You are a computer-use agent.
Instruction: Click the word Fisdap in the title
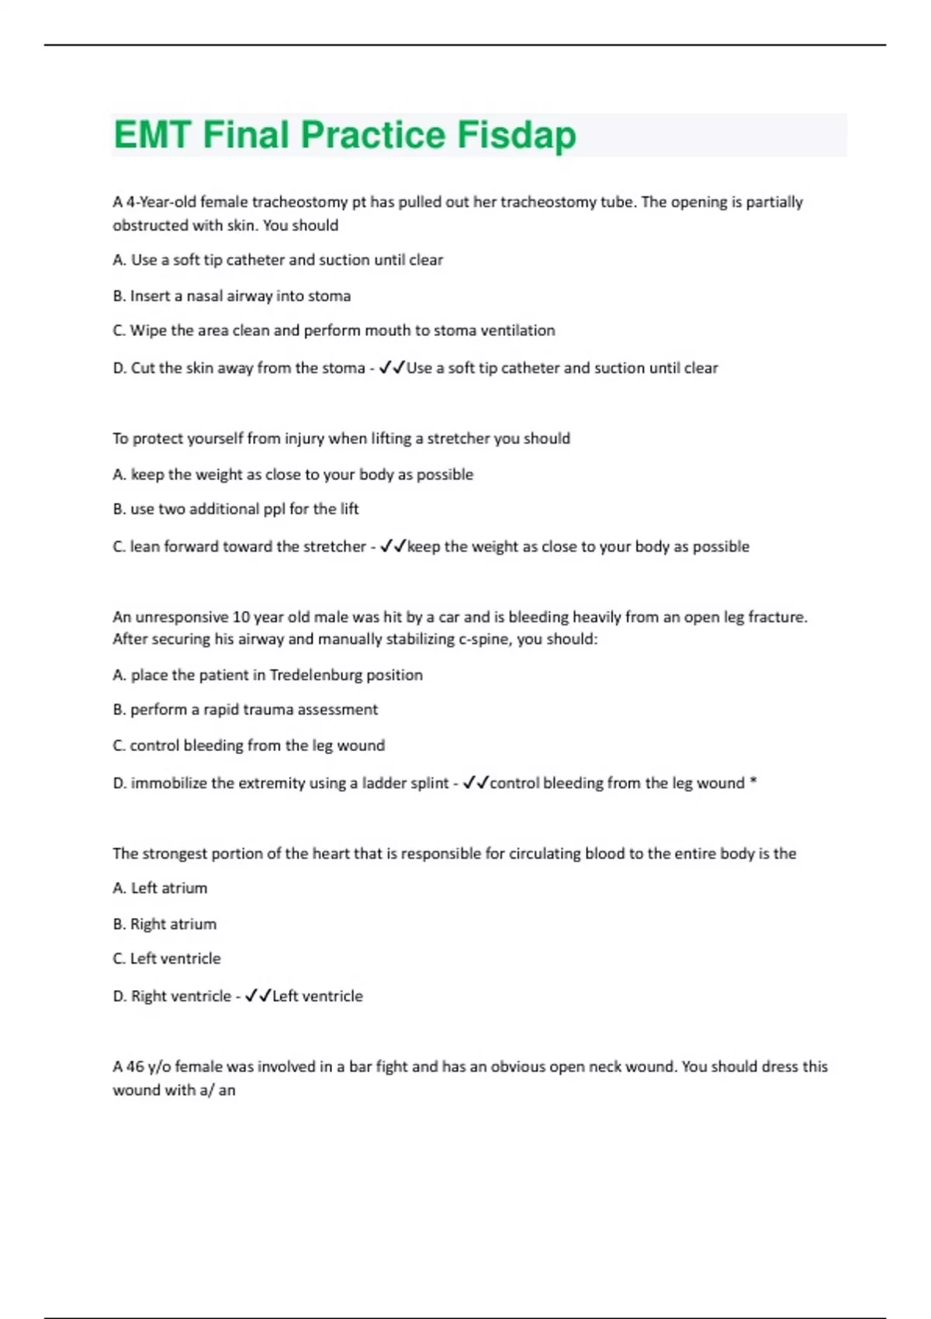(x=516, y=135)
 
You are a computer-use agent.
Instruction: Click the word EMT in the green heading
(x=152, y=135)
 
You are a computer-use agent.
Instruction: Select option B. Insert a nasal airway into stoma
(x=232, y=296)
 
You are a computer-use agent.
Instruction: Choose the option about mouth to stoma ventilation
(x=334, y=331)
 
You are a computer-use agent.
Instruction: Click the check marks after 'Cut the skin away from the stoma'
(x=392, y=368)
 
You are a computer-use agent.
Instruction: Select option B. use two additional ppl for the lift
(x=236, y=509)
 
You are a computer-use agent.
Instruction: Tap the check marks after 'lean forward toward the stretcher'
(x=393, y=546)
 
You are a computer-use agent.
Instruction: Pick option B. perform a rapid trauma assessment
(x=245, y=709)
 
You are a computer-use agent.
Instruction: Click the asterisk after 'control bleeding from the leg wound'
(x=753, y=782)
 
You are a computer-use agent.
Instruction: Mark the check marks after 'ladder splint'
(x=476, y=783)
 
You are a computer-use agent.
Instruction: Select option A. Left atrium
(x=160, y=888)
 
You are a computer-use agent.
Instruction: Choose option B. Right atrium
(x=164, y=924)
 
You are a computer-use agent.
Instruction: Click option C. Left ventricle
(x=167, y=958)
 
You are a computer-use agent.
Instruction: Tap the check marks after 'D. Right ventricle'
(x=258, y=995)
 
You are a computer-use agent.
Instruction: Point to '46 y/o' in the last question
(x=147, y=1067)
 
